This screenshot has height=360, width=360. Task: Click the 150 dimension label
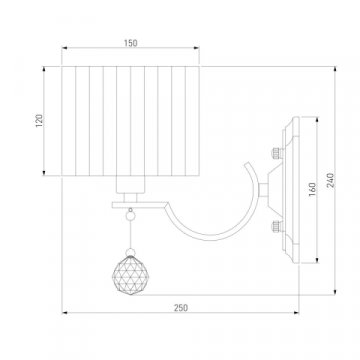click(x=130, y=43)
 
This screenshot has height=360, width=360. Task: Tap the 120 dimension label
click(x=39, y=121)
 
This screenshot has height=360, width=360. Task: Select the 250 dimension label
click(x=181, y=308)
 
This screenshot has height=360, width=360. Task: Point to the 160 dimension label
click(x=312, y=189)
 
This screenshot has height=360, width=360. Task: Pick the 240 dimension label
click(x=331, y=180)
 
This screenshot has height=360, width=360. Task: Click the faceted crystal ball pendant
click(x=127, y=275)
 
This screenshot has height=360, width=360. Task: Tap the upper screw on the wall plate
click(x=277, y=153)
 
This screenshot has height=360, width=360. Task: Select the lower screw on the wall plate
click(x=277, y=227)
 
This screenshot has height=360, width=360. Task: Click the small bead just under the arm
click(x=130, y=216)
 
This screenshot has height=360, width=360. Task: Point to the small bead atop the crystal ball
click(x=130, y=252)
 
